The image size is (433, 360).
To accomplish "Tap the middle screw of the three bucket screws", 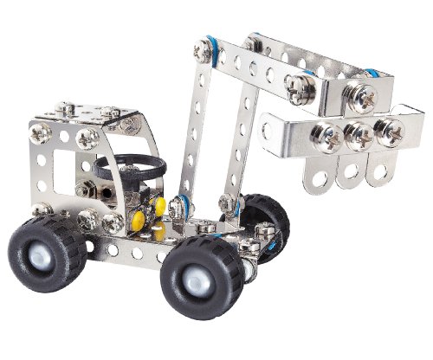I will (x=356, y=134).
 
